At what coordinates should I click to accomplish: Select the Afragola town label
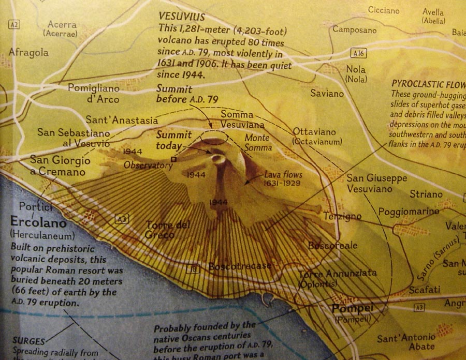28,52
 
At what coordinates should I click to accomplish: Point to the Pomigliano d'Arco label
94,93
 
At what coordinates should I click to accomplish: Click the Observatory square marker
174,160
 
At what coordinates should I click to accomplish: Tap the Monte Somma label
258,143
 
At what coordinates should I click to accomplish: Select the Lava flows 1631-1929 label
283,178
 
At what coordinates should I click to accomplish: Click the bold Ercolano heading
38,223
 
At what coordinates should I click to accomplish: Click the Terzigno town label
342,216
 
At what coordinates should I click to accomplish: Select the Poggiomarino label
409,211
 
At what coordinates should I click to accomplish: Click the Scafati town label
425,290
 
